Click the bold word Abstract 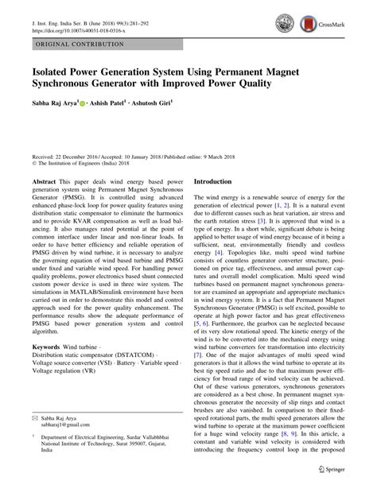(x=45, y=181)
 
